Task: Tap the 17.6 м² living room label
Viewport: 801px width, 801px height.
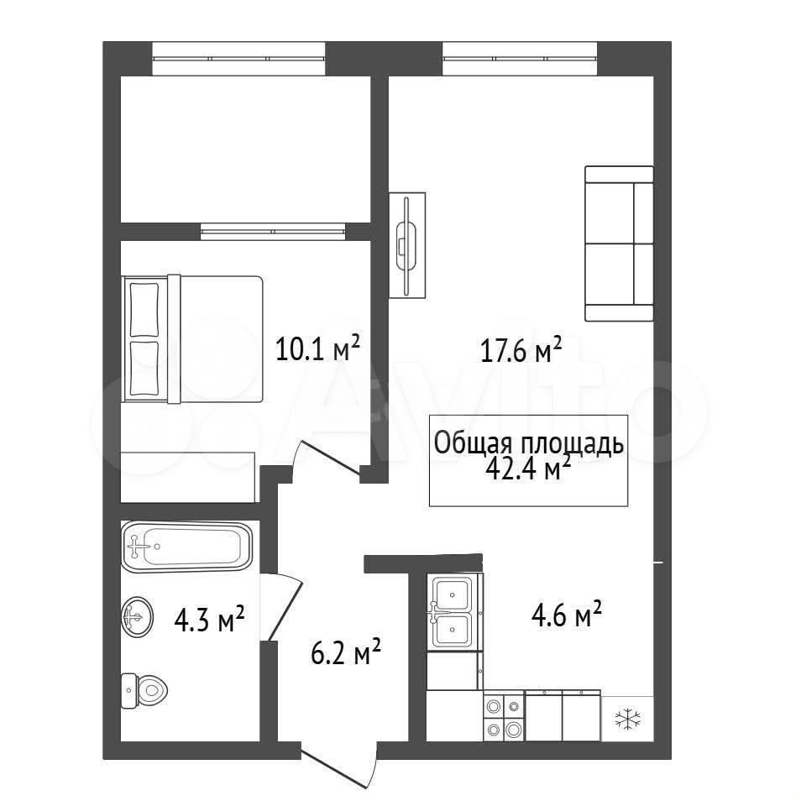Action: [521, 349]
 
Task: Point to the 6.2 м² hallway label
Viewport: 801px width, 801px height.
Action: [346, 652]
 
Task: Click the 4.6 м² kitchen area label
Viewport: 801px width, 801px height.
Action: [566, 614]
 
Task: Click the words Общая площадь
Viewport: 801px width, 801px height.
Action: [529, 444]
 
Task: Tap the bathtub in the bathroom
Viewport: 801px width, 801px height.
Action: [186, 546]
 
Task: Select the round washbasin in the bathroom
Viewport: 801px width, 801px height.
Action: [137, 617]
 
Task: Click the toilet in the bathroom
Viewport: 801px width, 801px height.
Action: [144, 691]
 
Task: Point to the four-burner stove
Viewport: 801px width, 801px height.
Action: [503, 718]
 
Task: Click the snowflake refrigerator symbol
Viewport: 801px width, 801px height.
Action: [627, 719]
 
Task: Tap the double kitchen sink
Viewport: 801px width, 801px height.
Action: [452, 611]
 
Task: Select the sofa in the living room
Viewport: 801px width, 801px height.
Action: [619, 243]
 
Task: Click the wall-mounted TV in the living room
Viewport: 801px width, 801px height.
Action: [407, 245]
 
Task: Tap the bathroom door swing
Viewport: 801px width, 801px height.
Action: [282, 606]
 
